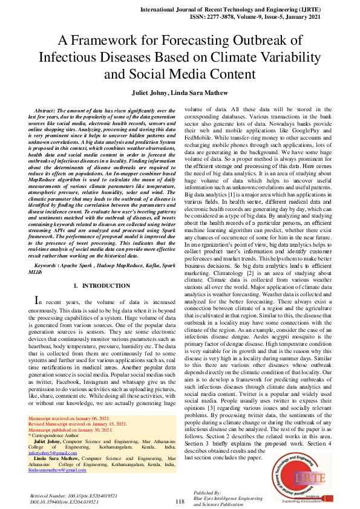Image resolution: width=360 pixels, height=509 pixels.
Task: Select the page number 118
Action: pos(180,501)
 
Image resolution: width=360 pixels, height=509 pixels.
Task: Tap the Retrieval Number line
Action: pos(73,495)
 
